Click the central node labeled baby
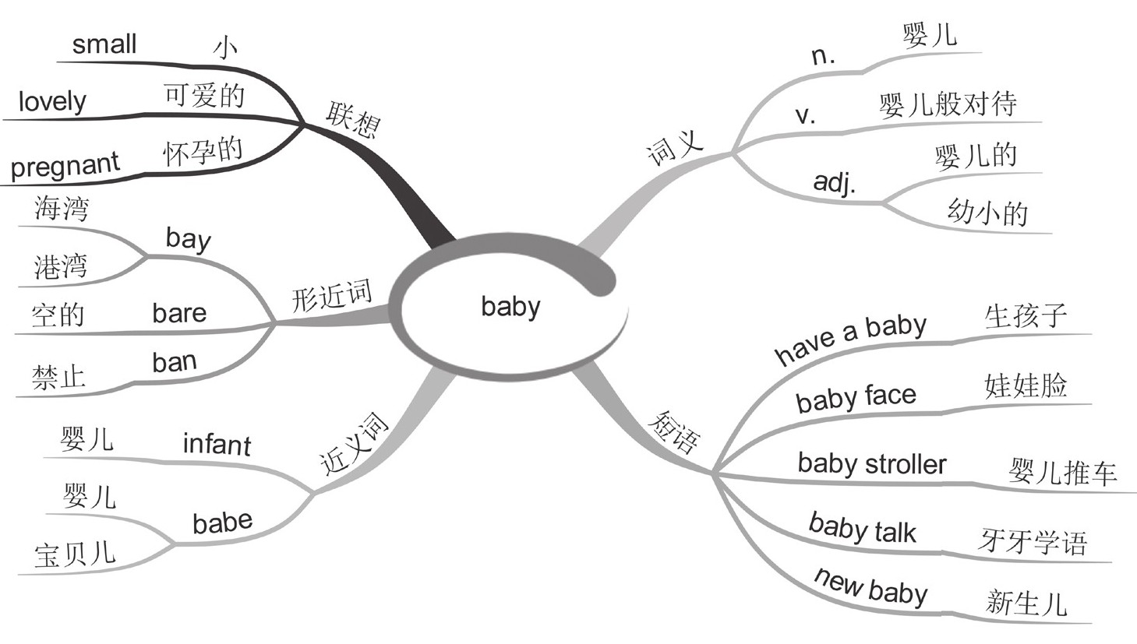coord(510,306)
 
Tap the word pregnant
coord(65,165)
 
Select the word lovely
coord(52,101)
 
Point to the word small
coord(104,44)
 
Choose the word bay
coord(188,238)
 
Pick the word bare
coord(179,313)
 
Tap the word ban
coord(175,362)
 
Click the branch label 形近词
coord(332,296)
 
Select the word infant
coord(217,444)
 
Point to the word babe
coord(222,523)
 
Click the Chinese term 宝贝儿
coord(75,555)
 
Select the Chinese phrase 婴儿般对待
coord(948,104)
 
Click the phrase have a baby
coord(850,338)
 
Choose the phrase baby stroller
coord(871,464)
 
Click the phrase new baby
coord(870,586)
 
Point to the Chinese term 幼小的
coord(987,213)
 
